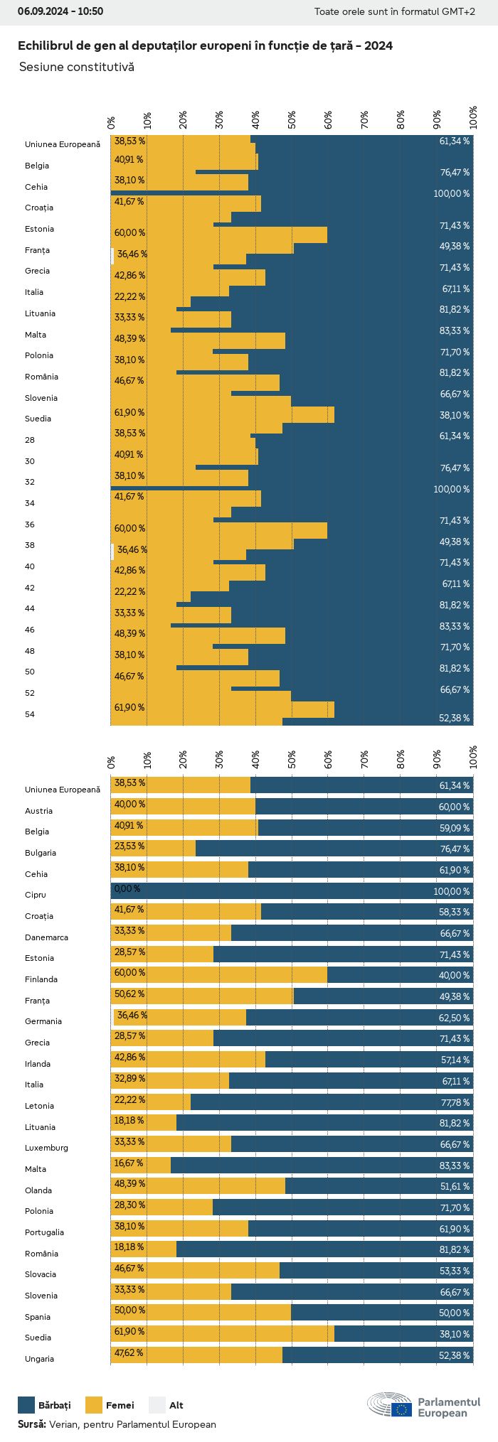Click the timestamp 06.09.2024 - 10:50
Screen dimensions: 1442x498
coord(60,11)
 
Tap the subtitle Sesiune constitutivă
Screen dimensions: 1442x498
coord(76,67)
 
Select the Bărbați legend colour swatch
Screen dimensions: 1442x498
coord(26,1404)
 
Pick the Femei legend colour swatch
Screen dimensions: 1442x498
coord(94,1404)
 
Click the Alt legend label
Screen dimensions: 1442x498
coord(176,1405)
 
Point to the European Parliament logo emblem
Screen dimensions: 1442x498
coord(389,1404)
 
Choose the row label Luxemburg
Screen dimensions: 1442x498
coord(46,1148)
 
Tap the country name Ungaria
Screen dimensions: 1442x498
coord(39,1359)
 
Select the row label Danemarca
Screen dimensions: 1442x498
coord(46,937)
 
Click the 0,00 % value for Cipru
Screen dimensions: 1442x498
coord(127,888)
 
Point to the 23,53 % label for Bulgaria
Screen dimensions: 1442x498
coord(129,846)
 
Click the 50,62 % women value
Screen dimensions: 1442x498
coord(129,994)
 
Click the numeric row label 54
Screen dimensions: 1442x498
coord(29,714)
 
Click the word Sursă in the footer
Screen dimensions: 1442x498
coord(31,1424)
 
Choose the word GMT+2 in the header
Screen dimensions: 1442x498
coord(460,11)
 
